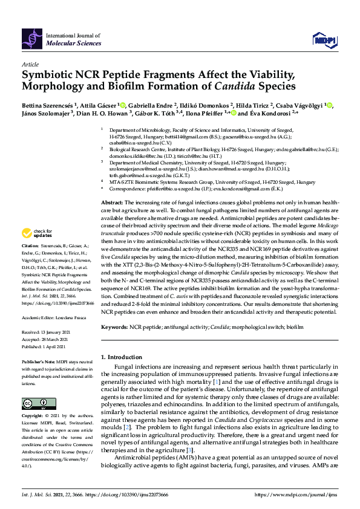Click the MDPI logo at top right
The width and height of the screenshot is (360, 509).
[x=324, y=39]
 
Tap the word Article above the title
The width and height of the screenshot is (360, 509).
[x=30, y=63]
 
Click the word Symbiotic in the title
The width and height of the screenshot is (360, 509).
[x=50, y=75]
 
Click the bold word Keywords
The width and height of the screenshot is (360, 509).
[x=114, y=326]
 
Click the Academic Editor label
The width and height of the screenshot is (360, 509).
[x=39, y=317]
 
